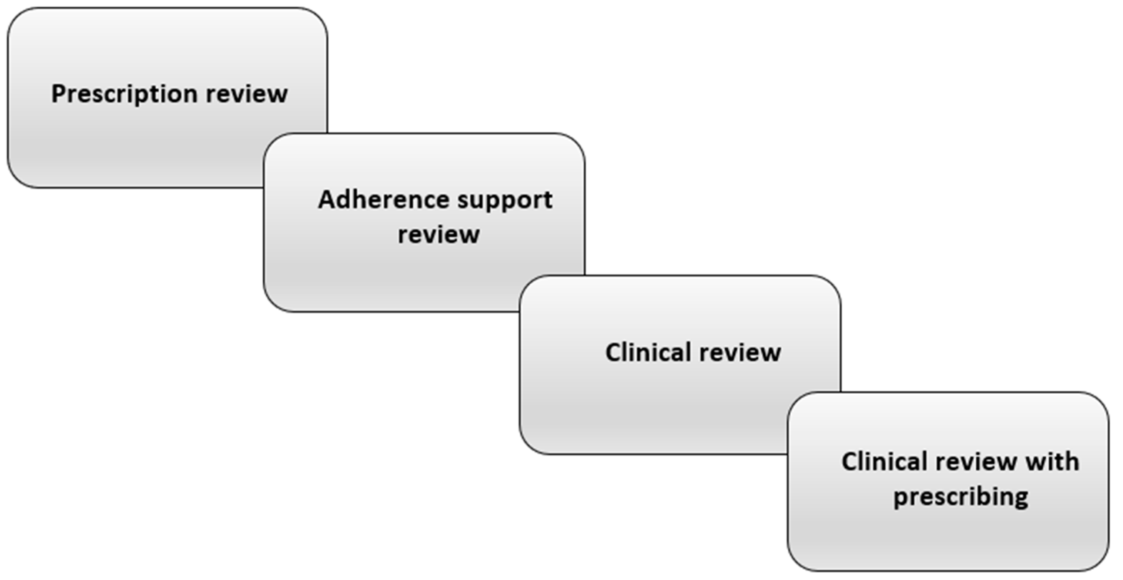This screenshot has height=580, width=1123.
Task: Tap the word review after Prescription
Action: pos(247,95)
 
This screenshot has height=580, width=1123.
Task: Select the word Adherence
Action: pos(383,201)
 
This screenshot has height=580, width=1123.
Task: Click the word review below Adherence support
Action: pos(438,235)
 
